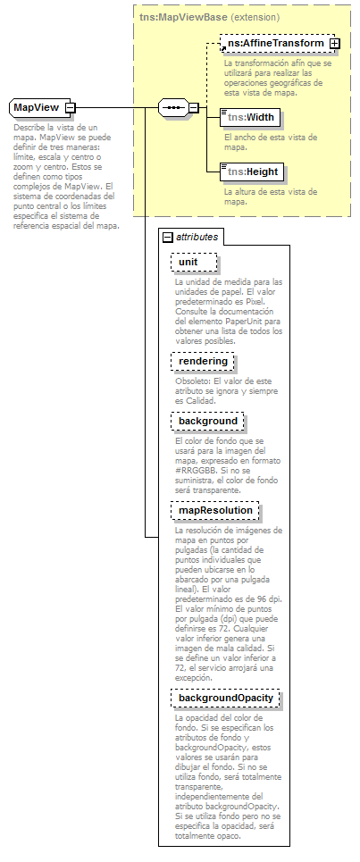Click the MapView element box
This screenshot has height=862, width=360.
pos(36,108)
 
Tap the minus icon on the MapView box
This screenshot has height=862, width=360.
pos(70,108)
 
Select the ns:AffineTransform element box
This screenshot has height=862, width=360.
pos(273,43)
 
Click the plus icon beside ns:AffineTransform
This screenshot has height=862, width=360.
pos(334,43)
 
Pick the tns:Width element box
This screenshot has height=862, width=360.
pos(250,117)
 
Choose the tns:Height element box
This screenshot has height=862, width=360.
pos(252,172)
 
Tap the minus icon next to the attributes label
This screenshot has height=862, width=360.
pos(167,237)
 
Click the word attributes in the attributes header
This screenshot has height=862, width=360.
pos(197,237)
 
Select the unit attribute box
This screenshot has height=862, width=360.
pos(193,262)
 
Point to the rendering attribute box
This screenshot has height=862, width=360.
pos(203,361)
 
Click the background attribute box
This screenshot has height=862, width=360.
pos(208,421)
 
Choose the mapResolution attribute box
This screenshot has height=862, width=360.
pos(214,510)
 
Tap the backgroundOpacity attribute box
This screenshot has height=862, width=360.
pos(226,698)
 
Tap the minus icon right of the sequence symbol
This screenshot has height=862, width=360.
pos(194,108)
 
